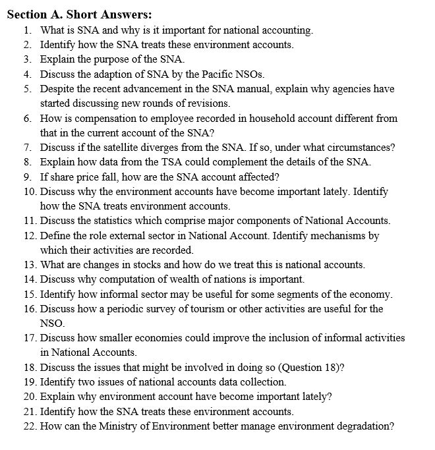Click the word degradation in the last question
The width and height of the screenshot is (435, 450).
(361, 426)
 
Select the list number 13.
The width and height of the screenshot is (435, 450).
(29, 265)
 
